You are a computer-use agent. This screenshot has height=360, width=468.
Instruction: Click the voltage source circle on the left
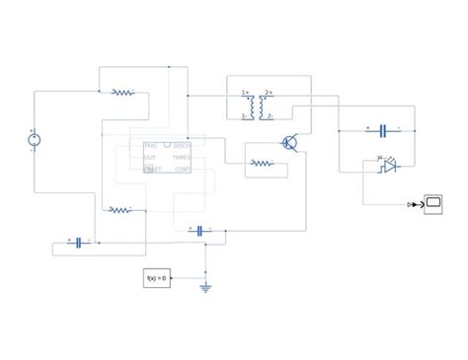(x=33, y=140)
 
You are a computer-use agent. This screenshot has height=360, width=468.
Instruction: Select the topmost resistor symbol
(x=122, y=93)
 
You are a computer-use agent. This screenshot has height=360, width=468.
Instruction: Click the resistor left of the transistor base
(x=262, y=163)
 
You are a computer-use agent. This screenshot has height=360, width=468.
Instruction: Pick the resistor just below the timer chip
(x=119, y=209)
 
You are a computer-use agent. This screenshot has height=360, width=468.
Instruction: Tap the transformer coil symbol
(x=258, y=105)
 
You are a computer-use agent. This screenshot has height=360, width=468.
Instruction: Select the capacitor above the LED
(x=382, y=130)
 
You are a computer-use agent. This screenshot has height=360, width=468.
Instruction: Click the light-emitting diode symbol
(x=389, y=166)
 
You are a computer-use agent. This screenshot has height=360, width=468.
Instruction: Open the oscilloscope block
(x=432, y=204)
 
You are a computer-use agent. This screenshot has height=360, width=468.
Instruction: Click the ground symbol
(x=205, y=288)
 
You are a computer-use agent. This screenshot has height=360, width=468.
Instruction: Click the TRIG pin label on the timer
(x=150, y=145)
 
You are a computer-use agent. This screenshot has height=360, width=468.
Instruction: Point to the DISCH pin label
(x=183, y=145)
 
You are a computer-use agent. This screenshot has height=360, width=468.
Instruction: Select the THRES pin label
(x=183, y=157)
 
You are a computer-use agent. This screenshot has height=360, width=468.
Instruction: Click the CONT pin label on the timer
(x=184, y=170)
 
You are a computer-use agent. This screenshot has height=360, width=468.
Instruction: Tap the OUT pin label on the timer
(x=149, y=157)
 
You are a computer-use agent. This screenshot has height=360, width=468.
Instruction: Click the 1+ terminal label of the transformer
(x=245, y=94)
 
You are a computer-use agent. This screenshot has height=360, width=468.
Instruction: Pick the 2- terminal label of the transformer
(x=270, y=115)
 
